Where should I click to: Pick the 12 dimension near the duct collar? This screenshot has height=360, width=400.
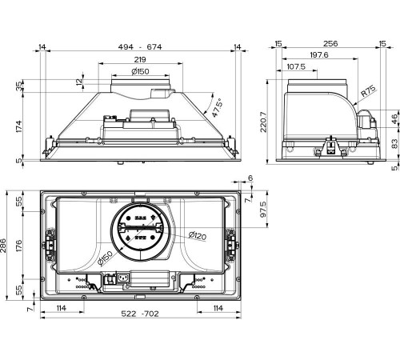(79, 82)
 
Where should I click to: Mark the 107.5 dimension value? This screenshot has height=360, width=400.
(297, 66)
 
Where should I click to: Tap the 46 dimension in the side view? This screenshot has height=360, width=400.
(394, 118)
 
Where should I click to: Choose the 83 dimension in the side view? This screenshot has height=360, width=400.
(394, 143)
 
